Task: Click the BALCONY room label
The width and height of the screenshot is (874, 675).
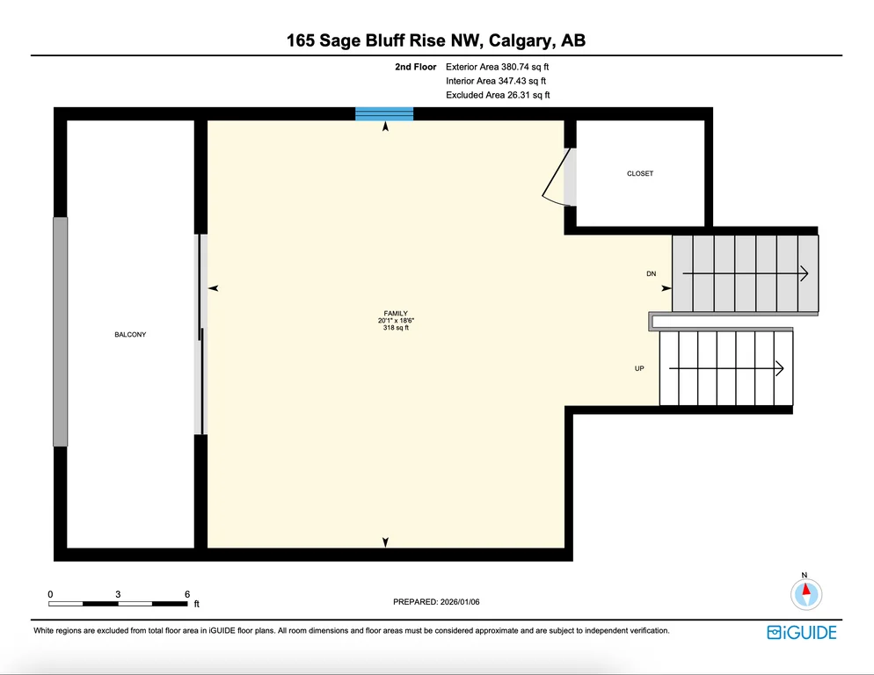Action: pos(130,335)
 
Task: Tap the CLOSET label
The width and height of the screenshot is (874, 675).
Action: pos(640,173)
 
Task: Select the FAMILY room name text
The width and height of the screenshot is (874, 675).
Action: pos(396,313)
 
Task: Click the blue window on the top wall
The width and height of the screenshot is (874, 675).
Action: pos(384,113)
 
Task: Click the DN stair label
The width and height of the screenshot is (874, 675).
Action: pos(651,273)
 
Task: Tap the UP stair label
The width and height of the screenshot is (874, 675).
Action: pos(639,368)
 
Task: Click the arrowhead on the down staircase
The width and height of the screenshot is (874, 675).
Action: pos(805,273)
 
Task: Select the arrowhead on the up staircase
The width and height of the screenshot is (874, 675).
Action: pos(780,368)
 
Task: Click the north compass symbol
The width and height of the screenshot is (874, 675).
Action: pos(806,593)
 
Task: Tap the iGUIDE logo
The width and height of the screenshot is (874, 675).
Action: pos(802,633)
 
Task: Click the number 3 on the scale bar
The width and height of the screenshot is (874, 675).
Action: pos(118,594)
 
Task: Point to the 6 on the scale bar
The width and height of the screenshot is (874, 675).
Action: pos(187,594)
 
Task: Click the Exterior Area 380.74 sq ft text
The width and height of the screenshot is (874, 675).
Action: pos(497,67)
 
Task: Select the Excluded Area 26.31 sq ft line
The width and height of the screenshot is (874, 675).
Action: pos(498,95)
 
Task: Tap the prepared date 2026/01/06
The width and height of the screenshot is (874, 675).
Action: pos(460,602)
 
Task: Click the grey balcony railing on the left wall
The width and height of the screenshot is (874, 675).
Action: pos(60,331)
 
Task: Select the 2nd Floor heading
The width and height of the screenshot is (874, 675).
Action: pos(416,67)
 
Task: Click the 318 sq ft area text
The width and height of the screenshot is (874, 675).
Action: pos(396,328)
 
